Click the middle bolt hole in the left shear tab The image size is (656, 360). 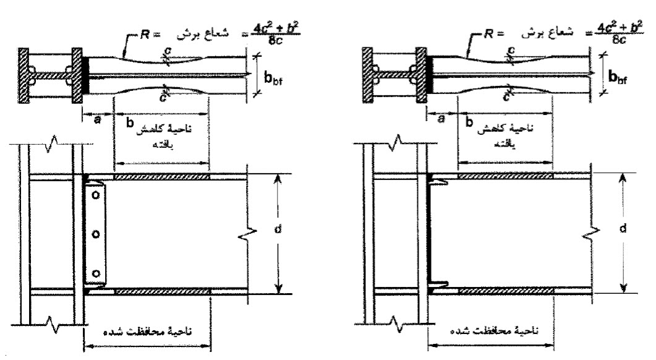(95, 234)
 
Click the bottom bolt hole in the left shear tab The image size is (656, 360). (95, 273)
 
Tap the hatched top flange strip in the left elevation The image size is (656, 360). (162, 177)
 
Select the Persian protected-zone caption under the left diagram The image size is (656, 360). (149, 331)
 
